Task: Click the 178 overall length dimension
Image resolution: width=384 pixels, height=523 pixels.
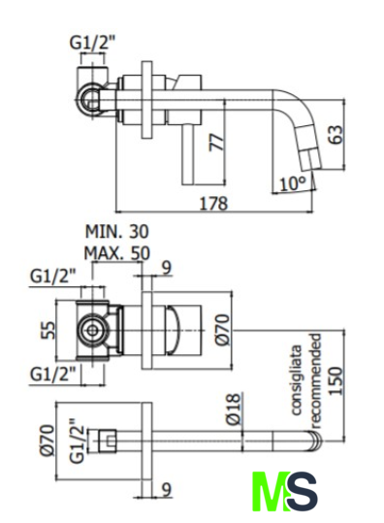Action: pos(213,204)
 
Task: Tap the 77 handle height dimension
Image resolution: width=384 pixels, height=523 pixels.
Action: pos(215,143)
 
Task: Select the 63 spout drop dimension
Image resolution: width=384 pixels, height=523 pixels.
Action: pos(336,135)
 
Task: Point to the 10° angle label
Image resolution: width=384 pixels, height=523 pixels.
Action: pos(292,183)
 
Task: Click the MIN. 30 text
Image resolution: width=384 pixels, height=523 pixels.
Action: pos(117,232)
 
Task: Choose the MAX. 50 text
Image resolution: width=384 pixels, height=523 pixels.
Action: pos(117,253)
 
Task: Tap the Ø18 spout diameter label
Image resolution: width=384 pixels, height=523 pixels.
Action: pos(233,409)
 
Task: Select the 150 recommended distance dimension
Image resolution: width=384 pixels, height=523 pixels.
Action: pos(336,381)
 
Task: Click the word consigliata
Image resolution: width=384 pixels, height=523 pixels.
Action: pos(296,379)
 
